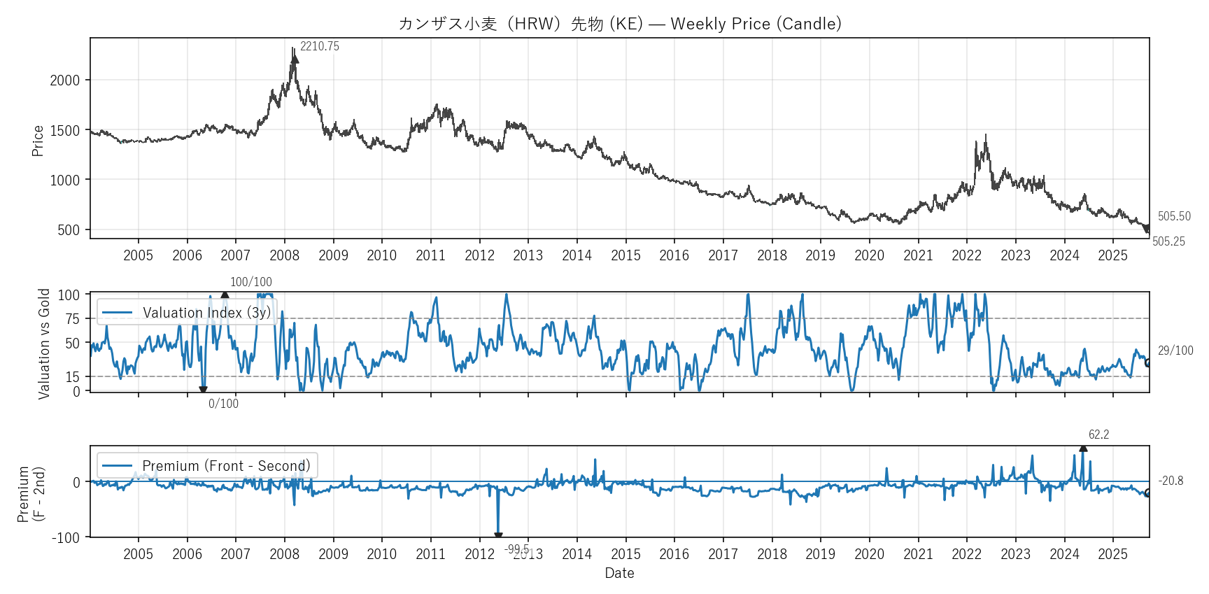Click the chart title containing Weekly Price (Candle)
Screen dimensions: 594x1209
[x=619, y=24]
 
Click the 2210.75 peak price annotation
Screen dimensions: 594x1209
[x=319, y=47]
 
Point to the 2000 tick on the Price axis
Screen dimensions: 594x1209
[x=65, y=80]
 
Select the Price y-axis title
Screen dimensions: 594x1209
[x=38, y=141]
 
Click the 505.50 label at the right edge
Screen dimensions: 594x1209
[x=1173, y=217]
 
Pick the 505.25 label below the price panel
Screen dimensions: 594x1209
[x=1168, y=242]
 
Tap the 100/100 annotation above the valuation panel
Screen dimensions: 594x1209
[x=250, y=282]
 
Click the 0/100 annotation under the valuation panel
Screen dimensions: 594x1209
[x=223, y=404]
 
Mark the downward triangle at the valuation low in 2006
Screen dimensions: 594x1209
[x=203, y=390]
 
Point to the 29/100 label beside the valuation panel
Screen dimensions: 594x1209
[x=1175, y=351]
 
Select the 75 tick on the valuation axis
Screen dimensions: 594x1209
[x=73, y=319]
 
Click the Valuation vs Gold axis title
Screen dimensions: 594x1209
[x=44, y=344]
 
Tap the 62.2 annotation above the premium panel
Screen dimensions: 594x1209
[x=1098, y=434]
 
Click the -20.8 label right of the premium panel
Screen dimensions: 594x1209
[x=1171, y=481]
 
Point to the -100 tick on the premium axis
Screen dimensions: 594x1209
[x=66, y=537]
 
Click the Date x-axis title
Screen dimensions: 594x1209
[x=619, y=573]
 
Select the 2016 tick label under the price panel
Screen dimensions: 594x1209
[x=674, y=255]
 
